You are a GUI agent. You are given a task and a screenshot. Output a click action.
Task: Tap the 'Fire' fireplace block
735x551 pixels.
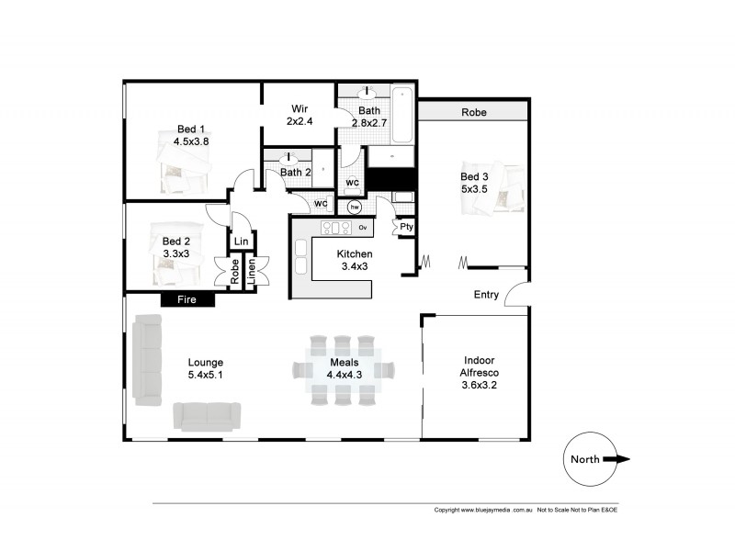tap(187, 299)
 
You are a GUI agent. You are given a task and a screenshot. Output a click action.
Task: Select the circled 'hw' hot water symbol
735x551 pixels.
tap(355, 208)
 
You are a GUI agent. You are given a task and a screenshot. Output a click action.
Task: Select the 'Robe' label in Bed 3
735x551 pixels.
tap(473, 112)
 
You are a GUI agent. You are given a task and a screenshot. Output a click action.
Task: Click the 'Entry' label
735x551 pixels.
tap(486, 295)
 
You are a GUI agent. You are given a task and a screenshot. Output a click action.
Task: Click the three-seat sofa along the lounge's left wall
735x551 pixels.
tap(147, 359)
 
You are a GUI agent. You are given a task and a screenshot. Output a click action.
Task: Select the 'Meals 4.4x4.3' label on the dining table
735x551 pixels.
tap(344, 368)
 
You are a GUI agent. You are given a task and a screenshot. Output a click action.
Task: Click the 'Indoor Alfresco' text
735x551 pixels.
tap(475, 366)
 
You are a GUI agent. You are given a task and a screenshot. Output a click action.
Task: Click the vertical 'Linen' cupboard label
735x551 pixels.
tap(251, 274)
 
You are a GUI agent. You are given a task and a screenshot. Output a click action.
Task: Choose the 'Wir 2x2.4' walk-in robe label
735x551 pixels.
tap(300, 114)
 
